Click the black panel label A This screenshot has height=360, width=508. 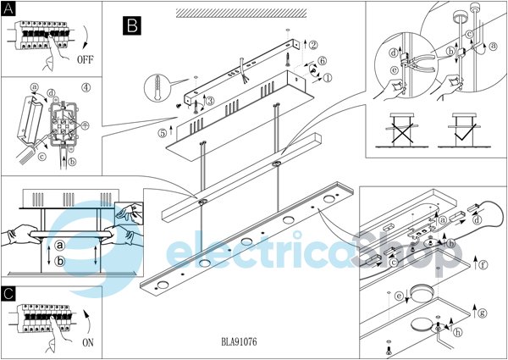point(8,8)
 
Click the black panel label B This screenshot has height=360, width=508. point(132,25)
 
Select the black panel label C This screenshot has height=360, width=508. point(9,293)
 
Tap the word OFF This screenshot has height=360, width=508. point(86,59)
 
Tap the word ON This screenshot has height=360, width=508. point(88,342)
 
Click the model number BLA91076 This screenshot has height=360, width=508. point(240,342)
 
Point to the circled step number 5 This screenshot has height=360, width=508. point(163,133)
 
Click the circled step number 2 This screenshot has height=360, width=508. point(312,46)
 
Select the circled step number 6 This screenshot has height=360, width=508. point(323,61)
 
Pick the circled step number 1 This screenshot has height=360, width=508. point(328,78)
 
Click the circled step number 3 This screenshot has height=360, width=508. point(210,101)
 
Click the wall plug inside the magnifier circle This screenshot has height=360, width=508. point(157,84)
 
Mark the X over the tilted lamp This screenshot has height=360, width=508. point(402,128)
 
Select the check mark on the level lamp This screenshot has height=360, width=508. point(464,133)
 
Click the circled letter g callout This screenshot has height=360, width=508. point(483,313)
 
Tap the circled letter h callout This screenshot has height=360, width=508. point(458,332)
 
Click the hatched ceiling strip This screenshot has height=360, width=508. point(241,13)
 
